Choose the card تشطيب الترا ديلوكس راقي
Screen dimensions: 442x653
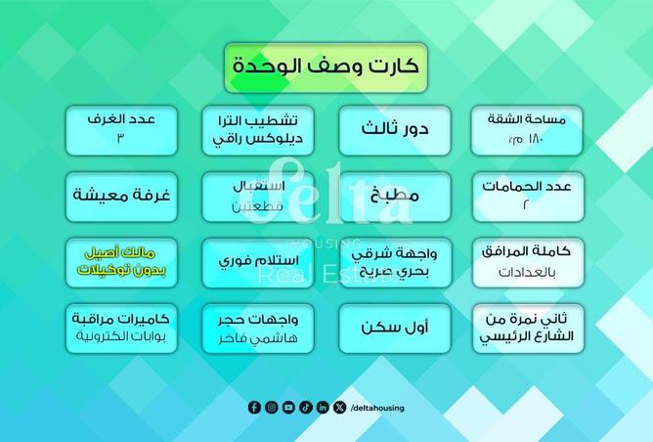pyautogui.click(x=259, y=130)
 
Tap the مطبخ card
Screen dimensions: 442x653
pyautogui.click(x=395, y=195)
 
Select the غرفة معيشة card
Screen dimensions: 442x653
pyautogui.click(x=122, y=195)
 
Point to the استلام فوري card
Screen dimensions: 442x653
pyautogui.click(x=259, y=261)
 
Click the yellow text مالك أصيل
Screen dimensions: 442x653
pyautogui.click(x=122, y=253)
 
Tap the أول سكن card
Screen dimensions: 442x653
pyautogui.click(x=395, y=328)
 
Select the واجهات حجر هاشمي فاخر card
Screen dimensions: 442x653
pyautogui.click(x=259, y=328)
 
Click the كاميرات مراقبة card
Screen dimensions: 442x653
pyautogui.click(x=122, y=328)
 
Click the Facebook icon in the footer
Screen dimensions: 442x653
pyautogui.click(x=254, y=408)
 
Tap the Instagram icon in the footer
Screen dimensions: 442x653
pyautogui.click(x=271, y=408)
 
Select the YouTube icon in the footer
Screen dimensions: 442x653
pyautogui.click(x=287, y=408)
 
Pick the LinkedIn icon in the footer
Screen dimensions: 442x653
pyautogui.click(x=323, y=408)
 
